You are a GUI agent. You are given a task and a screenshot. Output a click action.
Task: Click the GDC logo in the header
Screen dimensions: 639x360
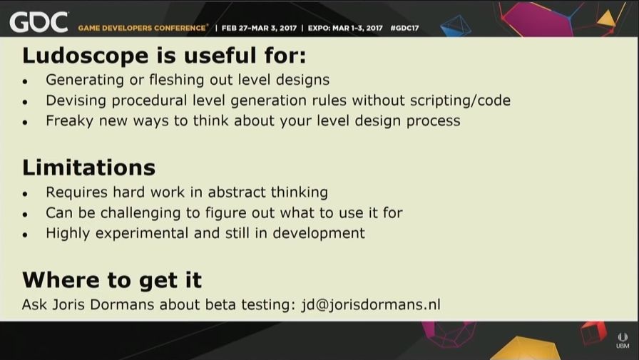[x=39, y=22]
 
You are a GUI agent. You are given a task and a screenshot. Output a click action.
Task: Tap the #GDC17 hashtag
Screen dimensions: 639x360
[x=404, y=28]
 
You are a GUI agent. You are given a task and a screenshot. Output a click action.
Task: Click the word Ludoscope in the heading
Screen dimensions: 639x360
[x=85, y=56]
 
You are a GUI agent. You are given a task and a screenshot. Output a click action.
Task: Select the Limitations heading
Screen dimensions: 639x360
[x=89, y=168]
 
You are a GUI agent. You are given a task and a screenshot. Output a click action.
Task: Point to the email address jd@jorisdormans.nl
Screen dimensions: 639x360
[x=371, y=304]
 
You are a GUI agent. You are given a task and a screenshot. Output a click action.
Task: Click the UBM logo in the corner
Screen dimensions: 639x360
[x=623, y=341]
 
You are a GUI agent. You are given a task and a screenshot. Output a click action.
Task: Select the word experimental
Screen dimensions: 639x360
[x=142, y=234]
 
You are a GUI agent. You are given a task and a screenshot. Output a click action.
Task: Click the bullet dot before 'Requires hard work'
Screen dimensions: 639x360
[x=25, y=194]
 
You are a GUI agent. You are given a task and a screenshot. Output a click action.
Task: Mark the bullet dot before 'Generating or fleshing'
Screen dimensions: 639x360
[x=25, y=82]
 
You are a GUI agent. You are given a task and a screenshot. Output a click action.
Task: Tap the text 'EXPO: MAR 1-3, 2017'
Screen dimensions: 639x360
[x=345, y=28]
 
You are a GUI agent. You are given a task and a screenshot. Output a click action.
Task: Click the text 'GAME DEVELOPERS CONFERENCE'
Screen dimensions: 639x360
[x=142, y=28]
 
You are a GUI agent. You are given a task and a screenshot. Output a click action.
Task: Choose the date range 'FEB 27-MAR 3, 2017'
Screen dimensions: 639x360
[x=259, y=28]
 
